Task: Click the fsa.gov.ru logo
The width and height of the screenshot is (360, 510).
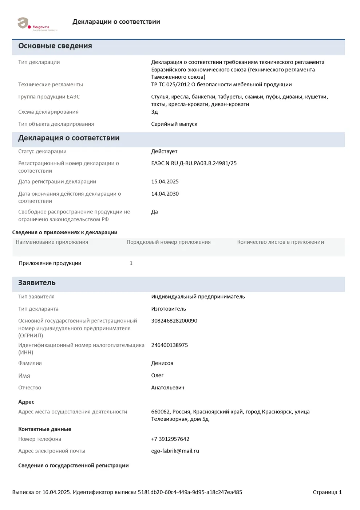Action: [36, 24]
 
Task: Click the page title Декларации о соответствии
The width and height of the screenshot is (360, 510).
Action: [116, 22]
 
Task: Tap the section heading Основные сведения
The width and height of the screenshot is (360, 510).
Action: [55, 46]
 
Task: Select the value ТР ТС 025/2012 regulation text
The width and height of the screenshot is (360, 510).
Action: [221, 85]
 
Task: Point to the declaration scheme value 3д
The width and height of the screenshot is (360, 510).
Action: [154, 112]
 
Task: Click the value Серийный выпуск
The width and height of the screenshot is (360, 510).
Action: [174, 124]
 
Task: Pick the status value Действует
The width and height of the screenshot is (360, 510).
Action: [164, 151]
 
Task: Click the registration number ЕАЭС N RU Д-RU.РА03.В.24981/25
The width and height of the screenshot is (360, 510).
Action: [194, 163]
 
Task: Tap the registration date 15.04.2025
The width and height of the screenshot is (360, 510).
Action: [165, 181]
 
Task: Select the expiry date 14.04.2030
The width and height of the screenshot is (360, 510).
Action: [165, 194]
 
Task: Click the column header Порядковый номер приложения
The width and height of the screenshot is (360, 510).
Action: [169, 242]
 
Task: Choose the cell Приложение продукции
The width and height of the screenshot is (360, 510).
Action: [50, 263]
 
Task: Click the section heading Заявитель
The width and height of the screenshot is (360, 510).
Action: [37, 283]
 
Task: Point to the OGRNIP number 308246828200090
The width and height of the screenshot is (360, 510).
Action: [174, 321]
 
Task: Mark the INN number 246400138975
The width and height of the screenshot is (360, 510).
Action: [170, 345]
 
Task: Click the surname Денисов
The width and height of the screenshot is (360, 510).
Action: [162, 363]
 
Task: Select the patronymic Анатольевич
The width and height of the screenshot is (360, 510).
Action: [167, 388]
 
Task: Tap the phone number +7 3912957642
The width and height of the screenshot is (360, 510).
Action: [170, 439]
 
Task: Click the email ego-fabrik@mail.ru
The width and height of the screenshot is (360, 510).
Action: [175, 451]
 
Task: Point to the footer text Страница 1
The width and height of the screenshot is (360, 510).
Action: [327, 492]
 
